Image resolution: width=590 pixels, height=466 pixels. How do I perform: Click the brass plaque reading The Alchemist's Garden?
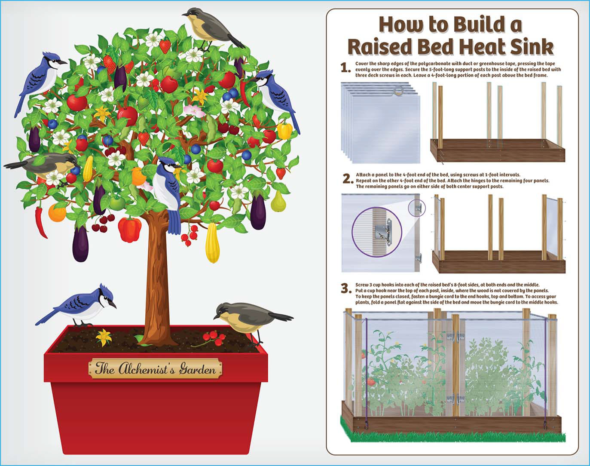(155, 369)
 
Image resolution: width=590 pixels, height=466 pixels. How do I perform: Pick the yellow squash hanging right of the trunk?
(212, 242)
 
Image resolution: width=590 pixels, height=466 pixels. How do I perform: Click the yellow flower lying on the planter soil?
(103, 337)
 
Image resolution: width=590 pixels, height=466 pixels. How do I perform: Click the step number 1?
(344, 68)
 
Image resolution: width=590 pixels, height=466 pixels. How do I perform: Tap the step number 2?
(347, 179)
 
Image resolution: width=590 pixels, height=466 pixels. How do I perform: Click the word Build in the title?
(471, 25)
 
